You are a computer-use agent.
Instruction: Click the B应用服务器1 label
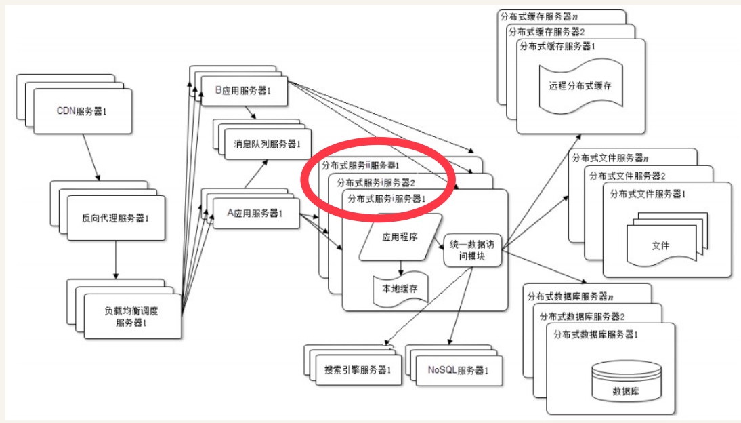point(242,90)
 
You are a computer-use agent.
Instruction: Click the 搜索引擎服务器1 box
point(358,370)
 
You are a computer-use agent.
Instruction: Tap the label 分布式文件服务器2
point(627,176)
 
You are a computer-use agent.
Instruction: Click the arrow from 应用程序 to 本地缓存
point(402,267)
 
